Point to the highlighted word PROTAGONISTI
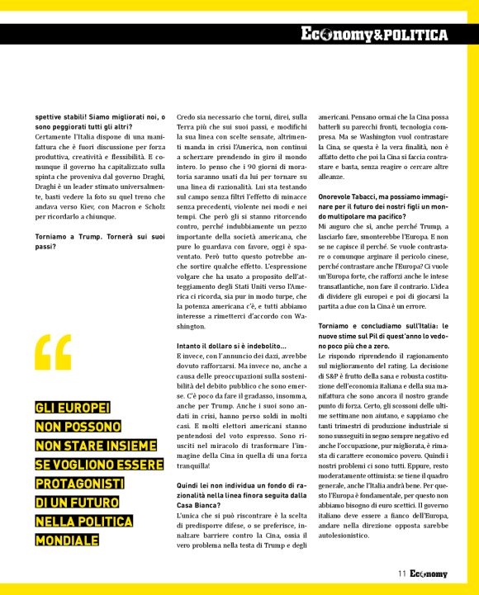(x=79, y=482)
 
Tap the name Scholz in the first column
(x=155, y=210)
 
